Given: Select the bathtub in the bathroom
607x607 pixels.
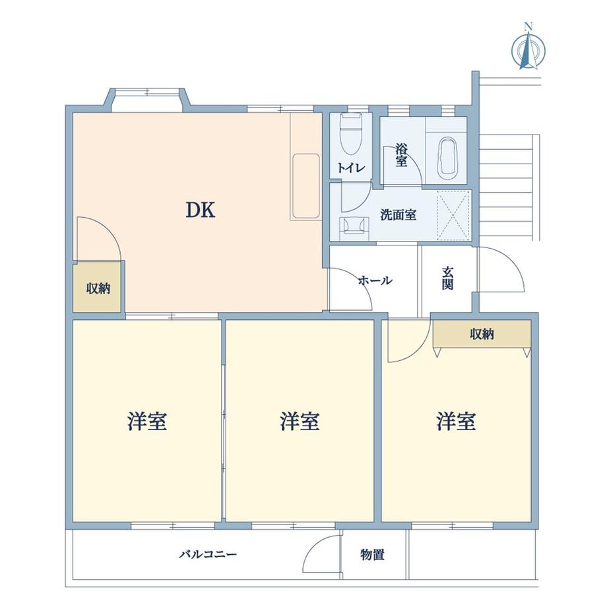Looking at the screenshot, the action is tap(447, 158).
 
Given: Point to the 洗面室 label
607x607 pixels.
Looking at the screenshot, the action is tap(398, 214).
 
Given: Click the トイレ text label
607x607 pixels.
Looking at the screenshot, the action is tap(350, 168).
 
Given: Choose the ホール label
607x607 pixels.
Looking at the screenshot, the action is tap(375, 280).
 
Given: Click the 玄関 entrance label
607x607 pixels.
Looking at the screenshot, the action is tap(448, 277).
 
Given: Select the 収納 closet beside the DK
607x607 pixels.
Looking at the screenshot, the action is tap(98, 288).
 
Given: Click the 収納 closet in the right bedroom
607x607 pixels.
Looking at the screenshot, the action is tap(482, 334).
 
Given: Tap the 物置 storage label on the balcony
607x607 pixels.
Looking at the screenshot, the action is tap(373, 555).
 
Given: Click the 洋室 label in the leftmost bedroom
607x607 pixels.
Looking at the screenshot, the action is tap(146, 421).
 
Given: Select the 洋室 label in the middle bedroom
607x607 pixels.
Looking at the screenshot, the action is tap(300, 421).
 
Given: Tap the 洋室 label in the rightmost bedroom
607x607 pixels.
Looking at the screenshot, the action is tap(456, 421).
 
